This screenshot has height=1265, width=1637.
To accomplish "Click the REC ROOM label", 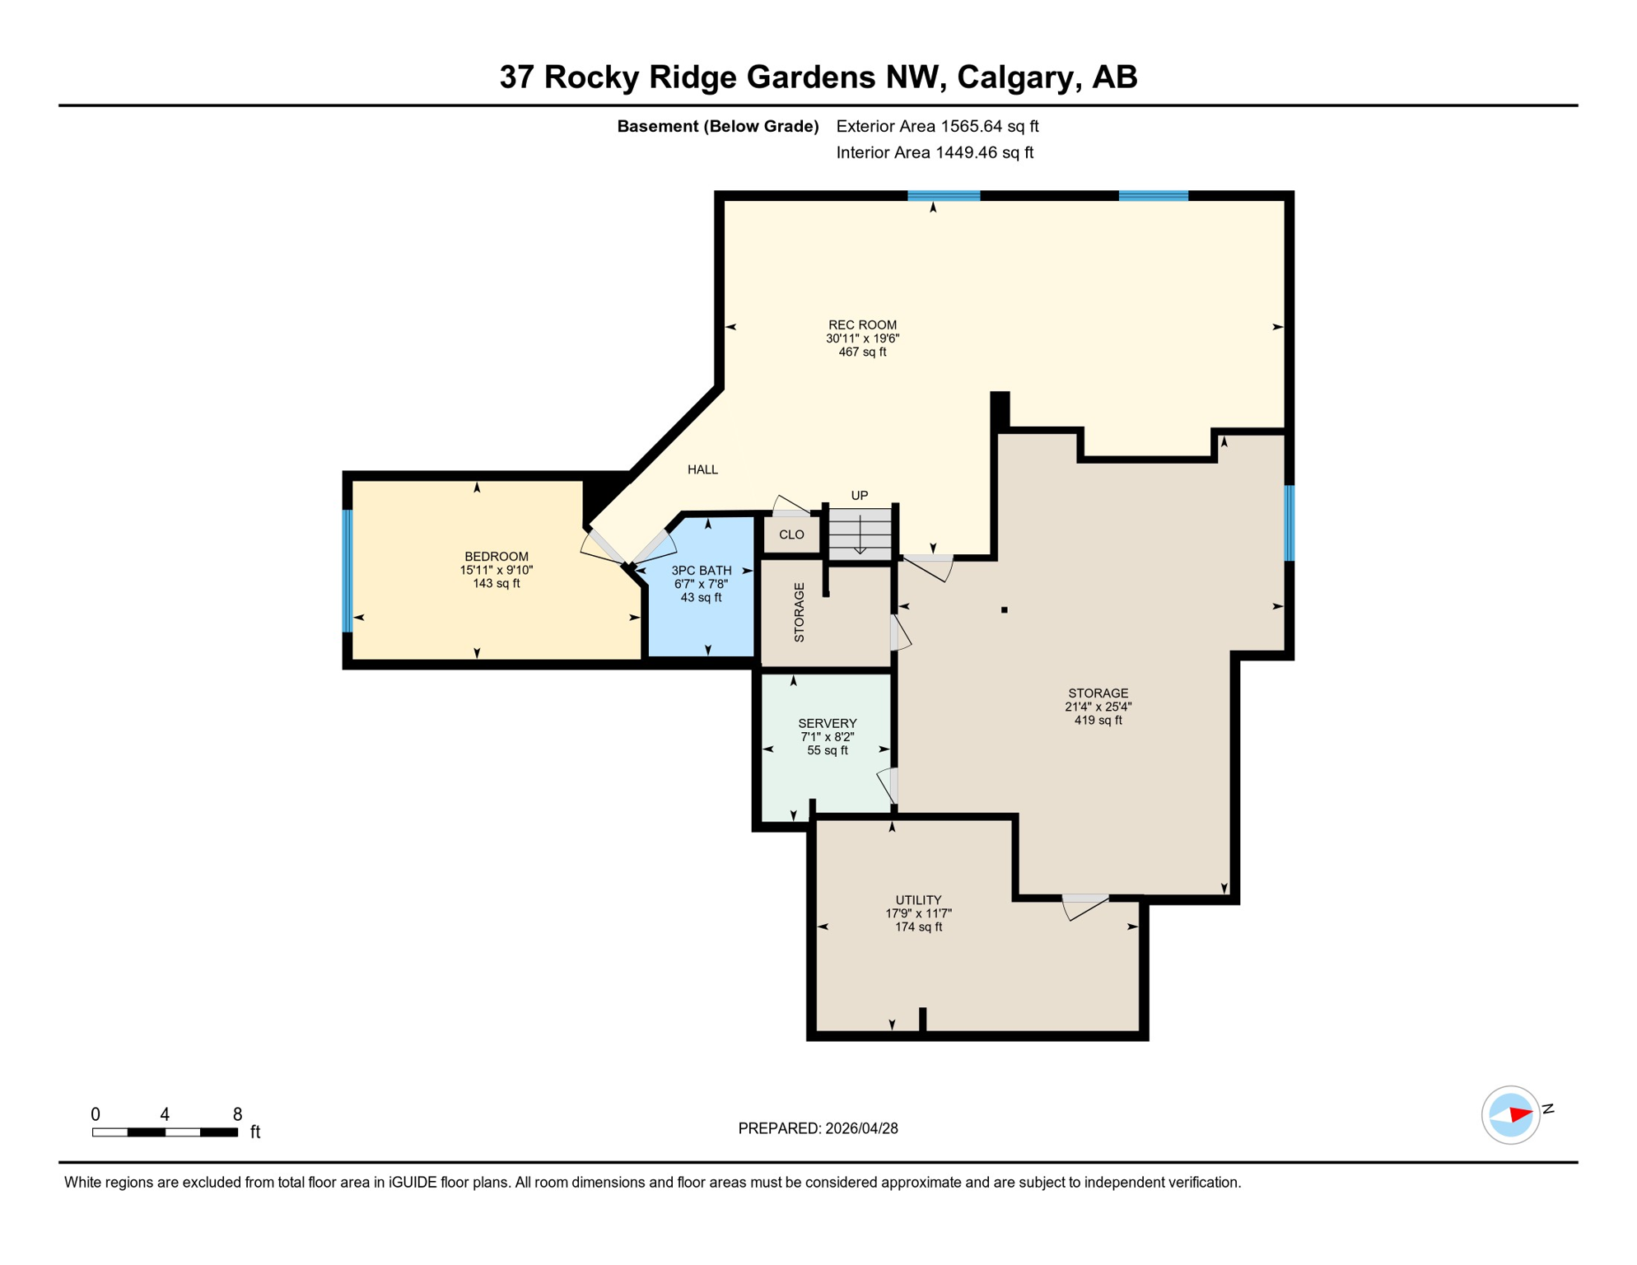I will pos(862,324).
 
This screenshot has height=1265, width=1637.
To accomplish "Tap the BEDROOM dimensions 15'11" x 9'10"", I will pos(496,570).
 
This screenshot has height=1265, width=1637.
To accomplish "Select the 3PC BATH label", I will pos(701,570).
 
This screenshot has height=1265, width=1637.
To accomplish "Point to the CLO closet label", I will pos(791,534).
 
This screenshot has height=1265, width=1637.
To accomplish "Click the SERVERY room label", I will pos(827,723).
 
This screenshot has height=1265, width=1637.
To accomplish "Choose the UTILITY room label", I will pos(918,900).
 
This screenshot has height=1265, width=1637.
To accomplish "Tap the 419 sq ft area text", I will pos(1098,720).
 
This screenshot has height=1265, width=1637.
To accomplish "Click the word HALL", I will pos(702,469).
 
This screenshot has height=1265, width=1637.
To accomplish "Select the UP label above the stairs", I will pos(859,495).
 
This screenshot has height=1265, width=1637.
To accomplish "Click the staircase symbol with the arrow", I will pos(860,534).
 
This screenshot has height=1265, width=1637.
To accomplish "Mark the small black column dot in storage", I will pos(1004,610).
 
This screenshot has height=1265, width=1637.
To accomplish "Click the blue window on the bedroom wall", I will pos(347,571).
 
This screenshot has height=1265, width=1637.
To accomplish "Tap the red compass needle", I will pos(1520,1115).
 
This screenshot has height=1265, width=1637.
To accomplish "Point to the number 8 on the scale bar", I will pos(237,1114).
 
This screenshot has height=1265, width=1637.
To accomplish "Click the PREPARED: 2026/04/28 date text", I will pos(818,1128).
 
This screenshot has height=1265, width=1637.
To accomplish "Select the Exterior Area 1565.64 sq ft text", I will pos(937,126).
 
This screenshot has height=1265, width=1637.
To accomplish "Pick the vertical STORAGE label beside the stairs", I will pos(799,612).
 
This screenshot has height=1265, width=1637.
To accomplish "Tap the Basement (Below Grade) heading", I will pos(717,126).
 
